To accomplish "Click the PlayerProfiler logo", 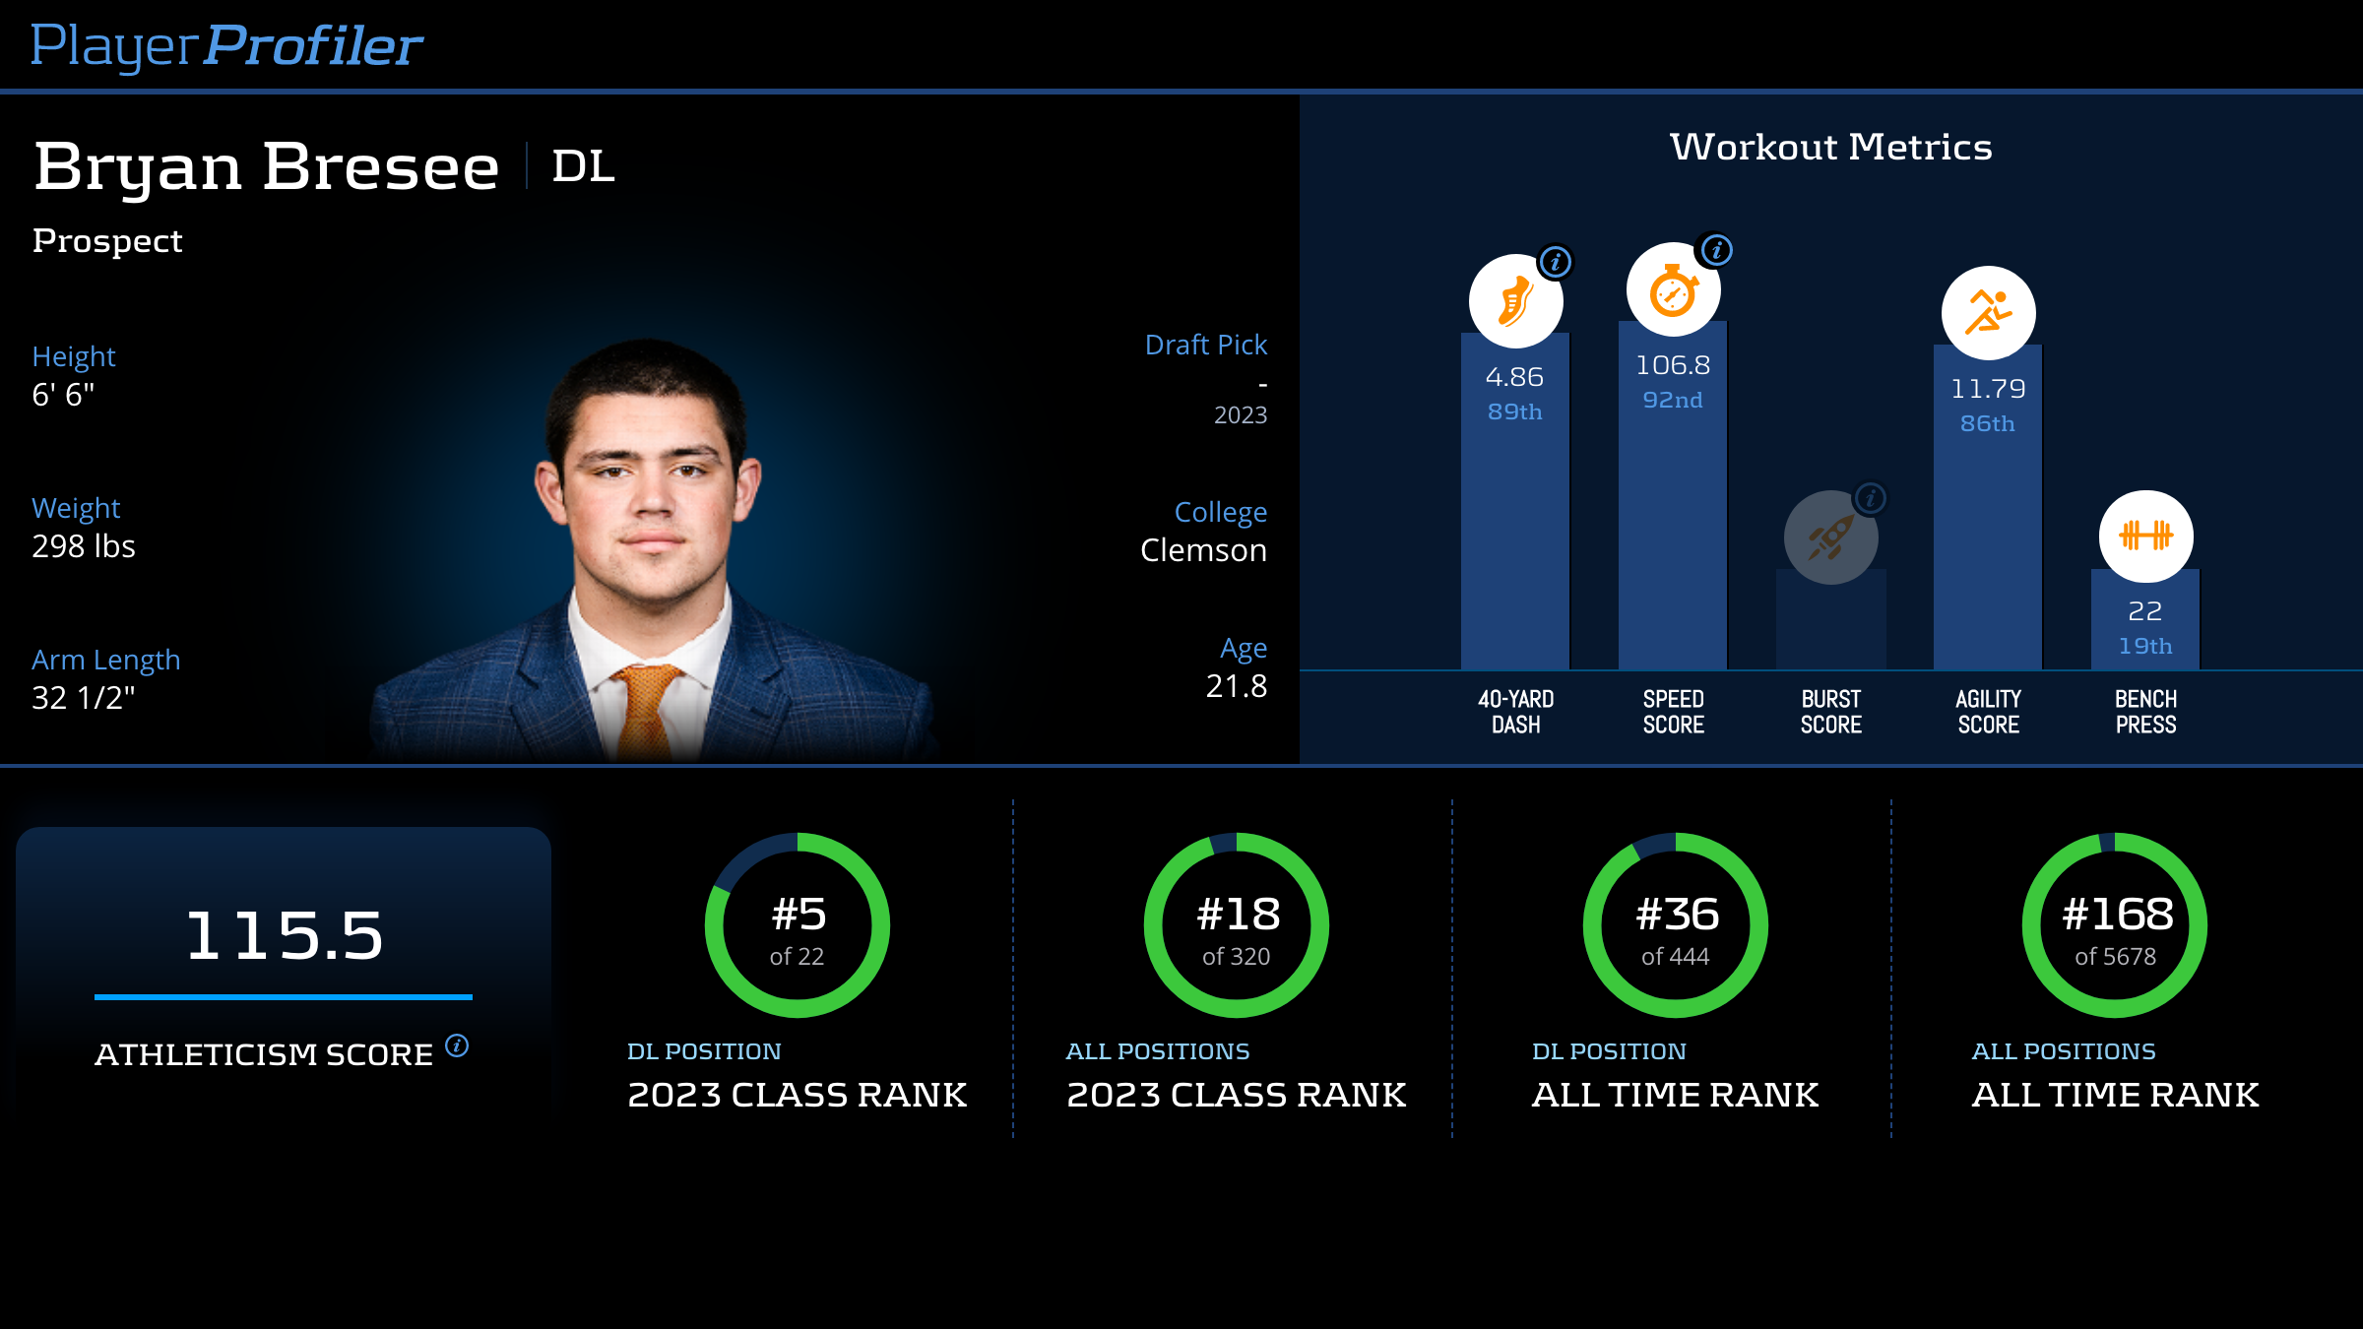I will (x=226, y=45).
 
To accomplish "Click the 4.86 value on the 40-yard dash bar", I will (x=1514, y=377).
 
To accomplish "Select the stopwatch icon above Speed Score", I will (x=1673, y=290).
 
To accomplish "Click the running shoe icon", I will (x=1515, y=301).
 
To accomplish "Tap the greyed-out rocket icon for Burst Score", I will (x=1830, y=538).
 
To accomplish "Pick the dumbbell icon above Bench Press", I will (x=2145, y=537).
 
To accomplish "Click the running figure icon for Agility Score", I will (x=1988, y=313).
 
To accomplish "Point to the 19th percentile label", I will (x=2145, y=647).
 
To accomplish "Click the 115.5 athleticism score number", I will (x=284, y=935).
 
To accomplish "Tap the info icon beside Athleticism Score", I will (x=457, y=1045).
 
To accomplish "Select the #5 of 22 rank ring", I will (x=798, y=925).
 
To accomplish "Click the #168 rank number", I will (x=2117, y=915).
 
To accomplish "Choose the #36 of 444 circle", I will (x=1676, y=925).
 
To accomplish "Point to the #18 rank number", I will (x=1238, y=915).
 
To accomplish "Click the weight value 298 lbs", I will (x=84, y=546).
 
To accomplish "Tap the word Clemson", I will (x=1203, y=550).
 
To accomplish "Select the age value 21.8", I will (x=1237, y=686).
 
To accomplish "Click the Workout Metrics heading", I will (x=1830, y=148).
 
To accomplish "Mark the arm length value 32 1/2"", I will (x=84, y=698).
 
